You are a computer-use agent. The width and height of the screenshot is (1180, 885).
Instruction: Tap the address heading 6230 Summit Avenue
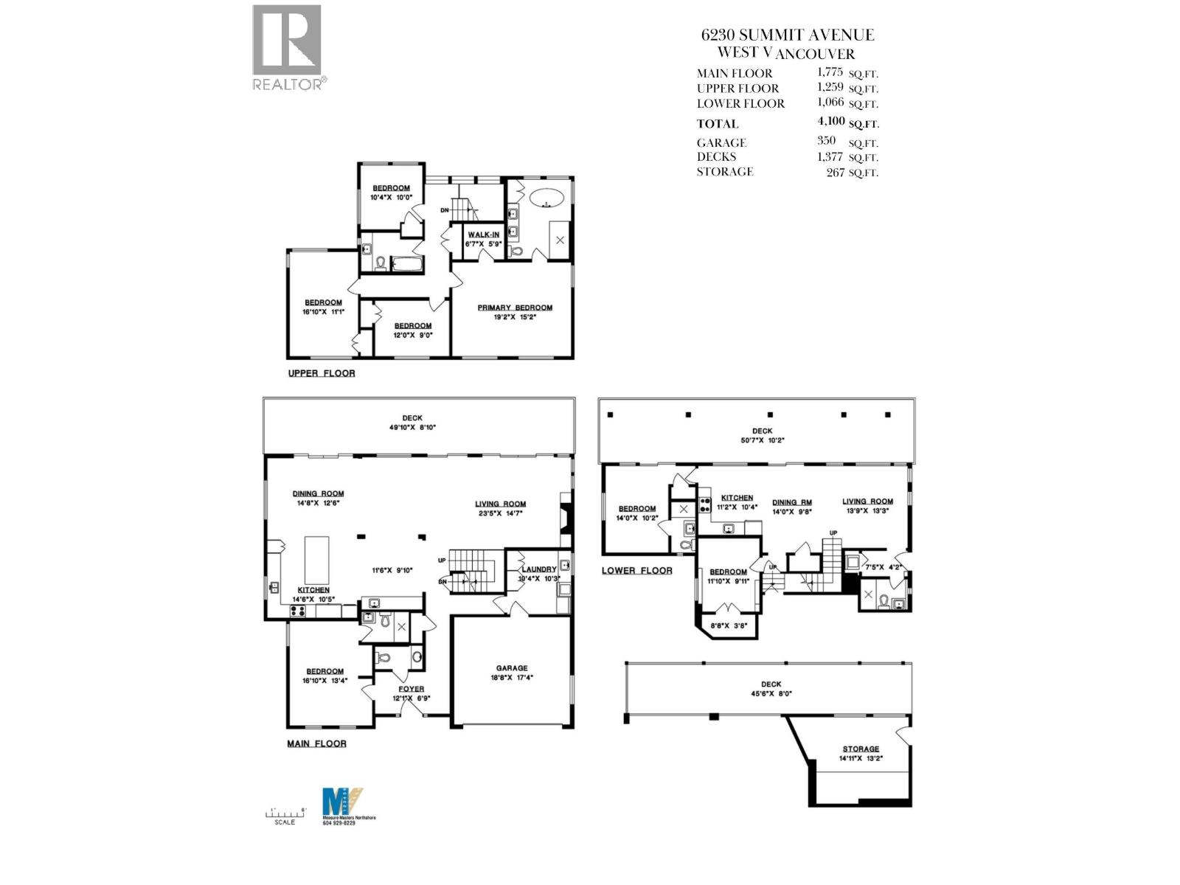pyautogui.click(x=787, y=35)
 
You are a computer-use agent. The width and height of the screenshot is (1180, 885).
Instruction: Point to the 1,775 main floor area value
pyautogui.click(x=829, y=72)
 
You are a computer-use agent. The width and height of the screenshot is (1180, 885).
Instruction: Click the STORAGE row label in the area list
pyautogui.click(x=724, y=171)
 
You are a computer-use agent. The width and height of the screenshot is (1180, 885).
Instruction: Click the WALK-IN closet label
pyautogui.click(x=483, y=235)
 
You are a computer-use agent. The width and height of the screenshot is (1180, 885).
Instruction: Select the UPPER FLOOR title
pyautogui.click(x=321, y=373)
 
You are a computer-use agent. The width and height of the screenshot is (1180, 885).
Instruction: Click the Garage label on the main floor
pyautogui.click(x=511, y=668)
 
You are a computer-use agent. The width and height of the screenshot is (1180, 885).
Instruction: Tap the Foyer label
pyautogui.click(x=411, y=689)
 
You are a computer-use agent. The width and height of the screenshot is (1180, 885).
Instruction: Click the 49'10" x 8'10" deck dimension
pyautogui.click(x=412, y=427)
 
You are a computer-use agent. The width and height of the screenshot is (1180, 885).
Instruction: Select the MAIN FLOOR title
pyautogui.click(x=316, y=743)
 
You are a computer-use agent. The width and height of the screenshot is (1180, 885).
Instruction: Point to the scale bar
pyautogui.click(x=285, y=813)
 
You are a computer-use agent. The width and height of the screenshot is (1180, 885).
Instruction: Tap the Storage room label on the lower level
pyautogui.click(x=861, y=749)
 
